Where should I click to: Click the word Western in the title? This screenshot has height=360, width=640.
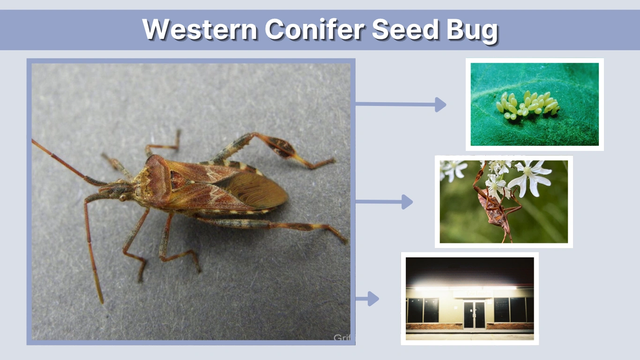coord(200,30)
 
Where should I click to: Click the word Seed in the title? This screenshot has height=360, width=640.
coord(406,30)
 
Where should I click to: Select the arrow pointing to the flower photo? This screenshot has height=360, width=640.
coord(384,202)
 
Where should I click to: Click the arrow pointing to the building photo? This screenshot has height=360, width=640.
coord(367,299)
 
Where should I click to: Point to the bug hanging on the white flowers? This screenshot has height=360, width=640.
coord(494,206)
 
